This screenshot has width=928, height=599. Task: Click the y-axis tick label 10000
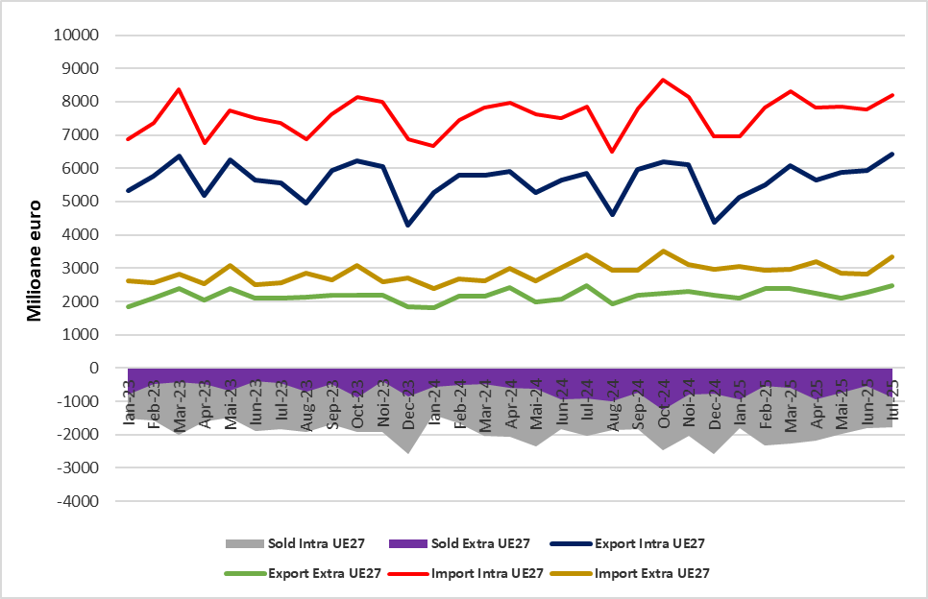coord(81,36)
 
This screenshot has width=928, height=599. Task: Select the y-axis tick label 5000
coord(85,202)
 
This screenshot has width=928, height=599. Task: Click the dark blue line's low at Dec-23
coord(409,225)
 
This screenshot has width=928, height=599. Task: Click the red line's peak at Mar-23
coord(180,89)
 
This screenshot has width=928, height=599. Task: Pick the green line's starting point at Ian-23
coord(129,306)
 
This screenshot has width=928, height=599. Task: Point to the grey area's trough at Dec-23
coord(409,452)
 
